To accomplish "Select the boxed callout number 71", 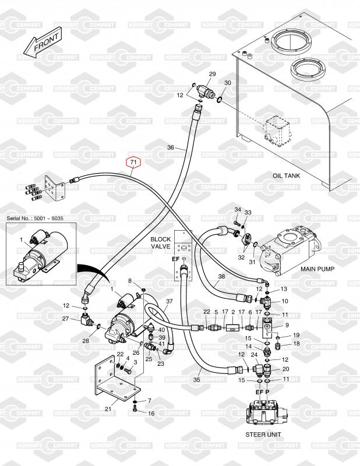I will (133, 161).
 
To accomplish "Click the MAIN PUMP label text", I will (320, 270).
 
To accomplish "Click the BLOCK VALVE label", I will (160, 243).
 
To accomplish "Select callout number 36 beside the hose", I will (171, 147).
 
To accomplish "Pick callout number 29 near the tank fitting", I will (212, 73).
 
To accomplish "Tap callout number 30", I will (227, 83).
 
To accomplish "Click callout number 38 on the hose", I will (221, 277).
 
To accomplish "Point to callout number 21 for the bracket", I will (108, 409).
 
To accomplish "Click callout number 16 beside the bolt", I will (151, 413).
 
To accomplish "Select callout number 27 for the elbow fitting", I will (65, 318).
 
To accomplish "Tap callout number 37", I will (170, 301).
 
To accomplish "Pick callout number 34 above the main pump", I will (238, 210).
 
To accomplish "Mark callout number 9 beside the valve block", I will (286, 324).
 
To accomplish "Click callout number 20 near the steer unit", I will (285, 369).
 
